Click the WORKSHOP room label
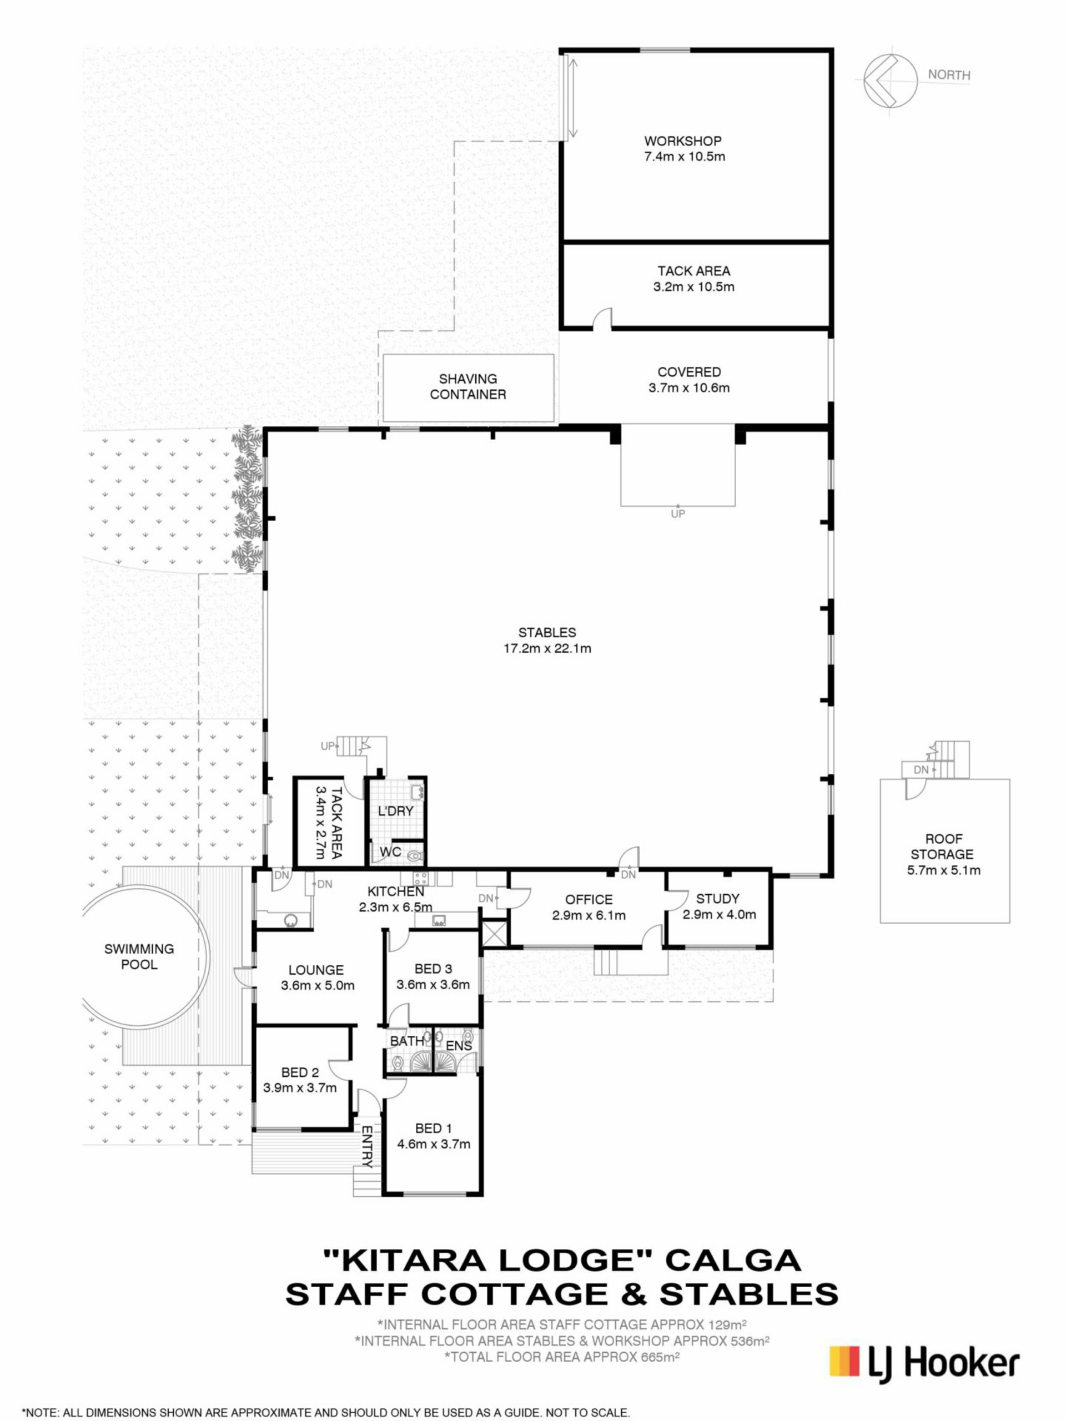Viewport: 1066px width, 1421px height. click(x=682, y=140)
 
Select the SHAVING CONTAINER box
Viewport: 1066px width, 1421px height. click(x=468, y=388)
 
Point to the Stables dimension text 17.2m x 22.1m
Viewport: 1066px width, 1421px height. click(x=547, y=648)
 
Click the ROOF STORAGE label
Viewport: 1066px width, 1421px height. click(x=943, y=846)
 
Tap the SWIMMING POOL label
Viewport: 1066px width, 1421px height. click(x=139, y=956)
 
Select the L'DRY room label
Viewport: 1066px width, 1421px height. click(x=395, y=811)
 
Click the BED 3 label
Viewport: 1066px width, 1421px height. click(x=433, y=969)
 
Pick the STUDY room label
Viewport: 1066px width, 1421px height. click(x=718, y=898)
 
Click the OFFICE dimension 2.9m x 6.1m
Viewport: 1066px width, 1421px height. click(x=589, y=915)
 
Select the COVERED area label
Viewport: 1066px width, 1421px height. click(x=689, y=372)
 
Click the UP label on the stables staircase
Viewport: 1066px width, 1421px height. click(x=328, y=746)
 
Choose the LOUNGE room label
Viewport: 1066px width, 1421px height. click(x=315, y=970)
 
